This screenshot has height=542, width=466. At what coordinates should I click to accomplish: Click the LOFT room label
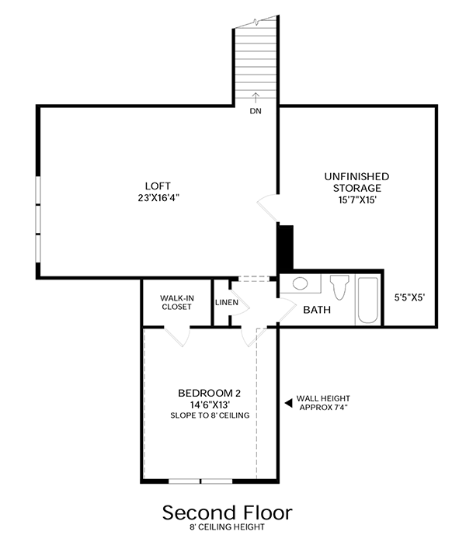pyautogui.click(x=157, y=186)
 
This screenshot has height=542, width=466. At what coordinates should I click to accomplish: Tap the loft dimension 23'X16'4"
pyautogui.click(x=157, y=197)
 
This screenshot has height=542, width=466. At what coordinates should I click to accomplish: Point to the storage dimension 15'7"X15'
pyautogui.click(x=356, y=200)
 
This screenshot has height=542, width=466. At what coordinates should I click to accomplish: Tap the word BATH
pyautogui.click(x=317, y=310)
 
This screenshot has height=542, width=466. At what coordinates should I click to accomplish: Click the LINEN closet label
pyautogui.click(x=226, y=303)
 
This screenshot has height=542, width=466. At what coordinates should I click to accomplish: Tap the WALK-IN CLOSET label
pyautogui.click(x=176, y=301)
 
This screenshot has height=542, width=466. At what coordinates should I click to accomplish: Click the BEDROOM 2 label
pyautogui.click(x=210, y=392)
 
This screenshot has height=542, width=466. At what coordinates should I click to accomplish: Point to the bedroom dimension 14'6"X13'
pyautogui.click(x=210, y=405)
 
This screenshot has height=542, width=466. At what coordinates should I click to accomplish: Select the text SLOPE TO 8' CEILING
pyautogui.click(x=210, y=415)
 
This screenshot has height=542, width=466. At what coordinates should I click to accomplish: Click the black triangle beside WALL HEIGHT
pyautogui.click(x=287, y=402)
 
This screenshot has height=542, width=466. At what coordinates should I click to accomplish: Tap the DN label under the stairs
pyautogui.click(x=256, y=111)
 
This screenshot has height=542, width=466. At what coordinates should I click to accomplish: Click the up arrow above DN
pyautogui.click(x=256, y=97)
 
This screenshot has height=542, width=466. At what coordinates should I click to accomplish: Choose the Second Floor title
pyautogui.click(x=227, y=512)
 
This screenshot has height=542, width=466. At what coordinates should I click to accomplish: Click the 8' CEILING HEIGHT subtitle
pyautogui.click(x=227, y=528)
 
